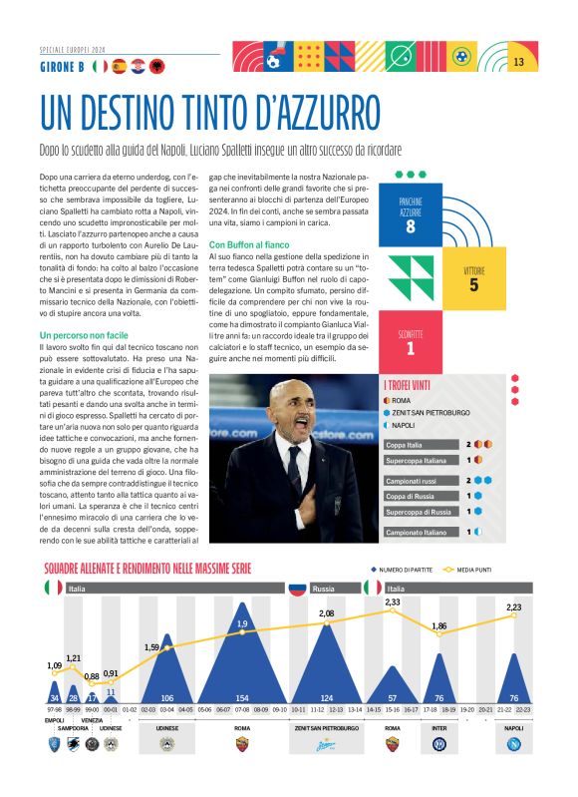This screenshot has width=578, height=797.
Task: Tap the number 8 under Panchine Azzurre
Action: tap(410, 226)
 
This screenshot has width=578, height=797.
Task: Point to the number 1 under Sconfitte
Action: tap(410, 349)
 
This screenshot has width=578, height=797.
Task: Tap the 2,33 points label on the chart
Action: tap(393, 602)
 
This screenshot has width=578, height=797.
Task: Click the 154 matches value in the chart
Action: tap(242, 697)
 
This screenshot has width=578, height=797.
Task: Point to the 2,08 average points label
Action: tap(326, 612)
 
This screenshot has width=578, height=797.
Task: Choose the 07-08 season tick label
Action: tap(242, 709)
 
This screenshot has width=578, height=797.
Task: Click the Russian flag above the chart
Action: tap(296, 589)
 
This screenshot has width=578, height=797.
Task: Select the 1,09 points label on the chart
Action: tap(54, 665)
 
